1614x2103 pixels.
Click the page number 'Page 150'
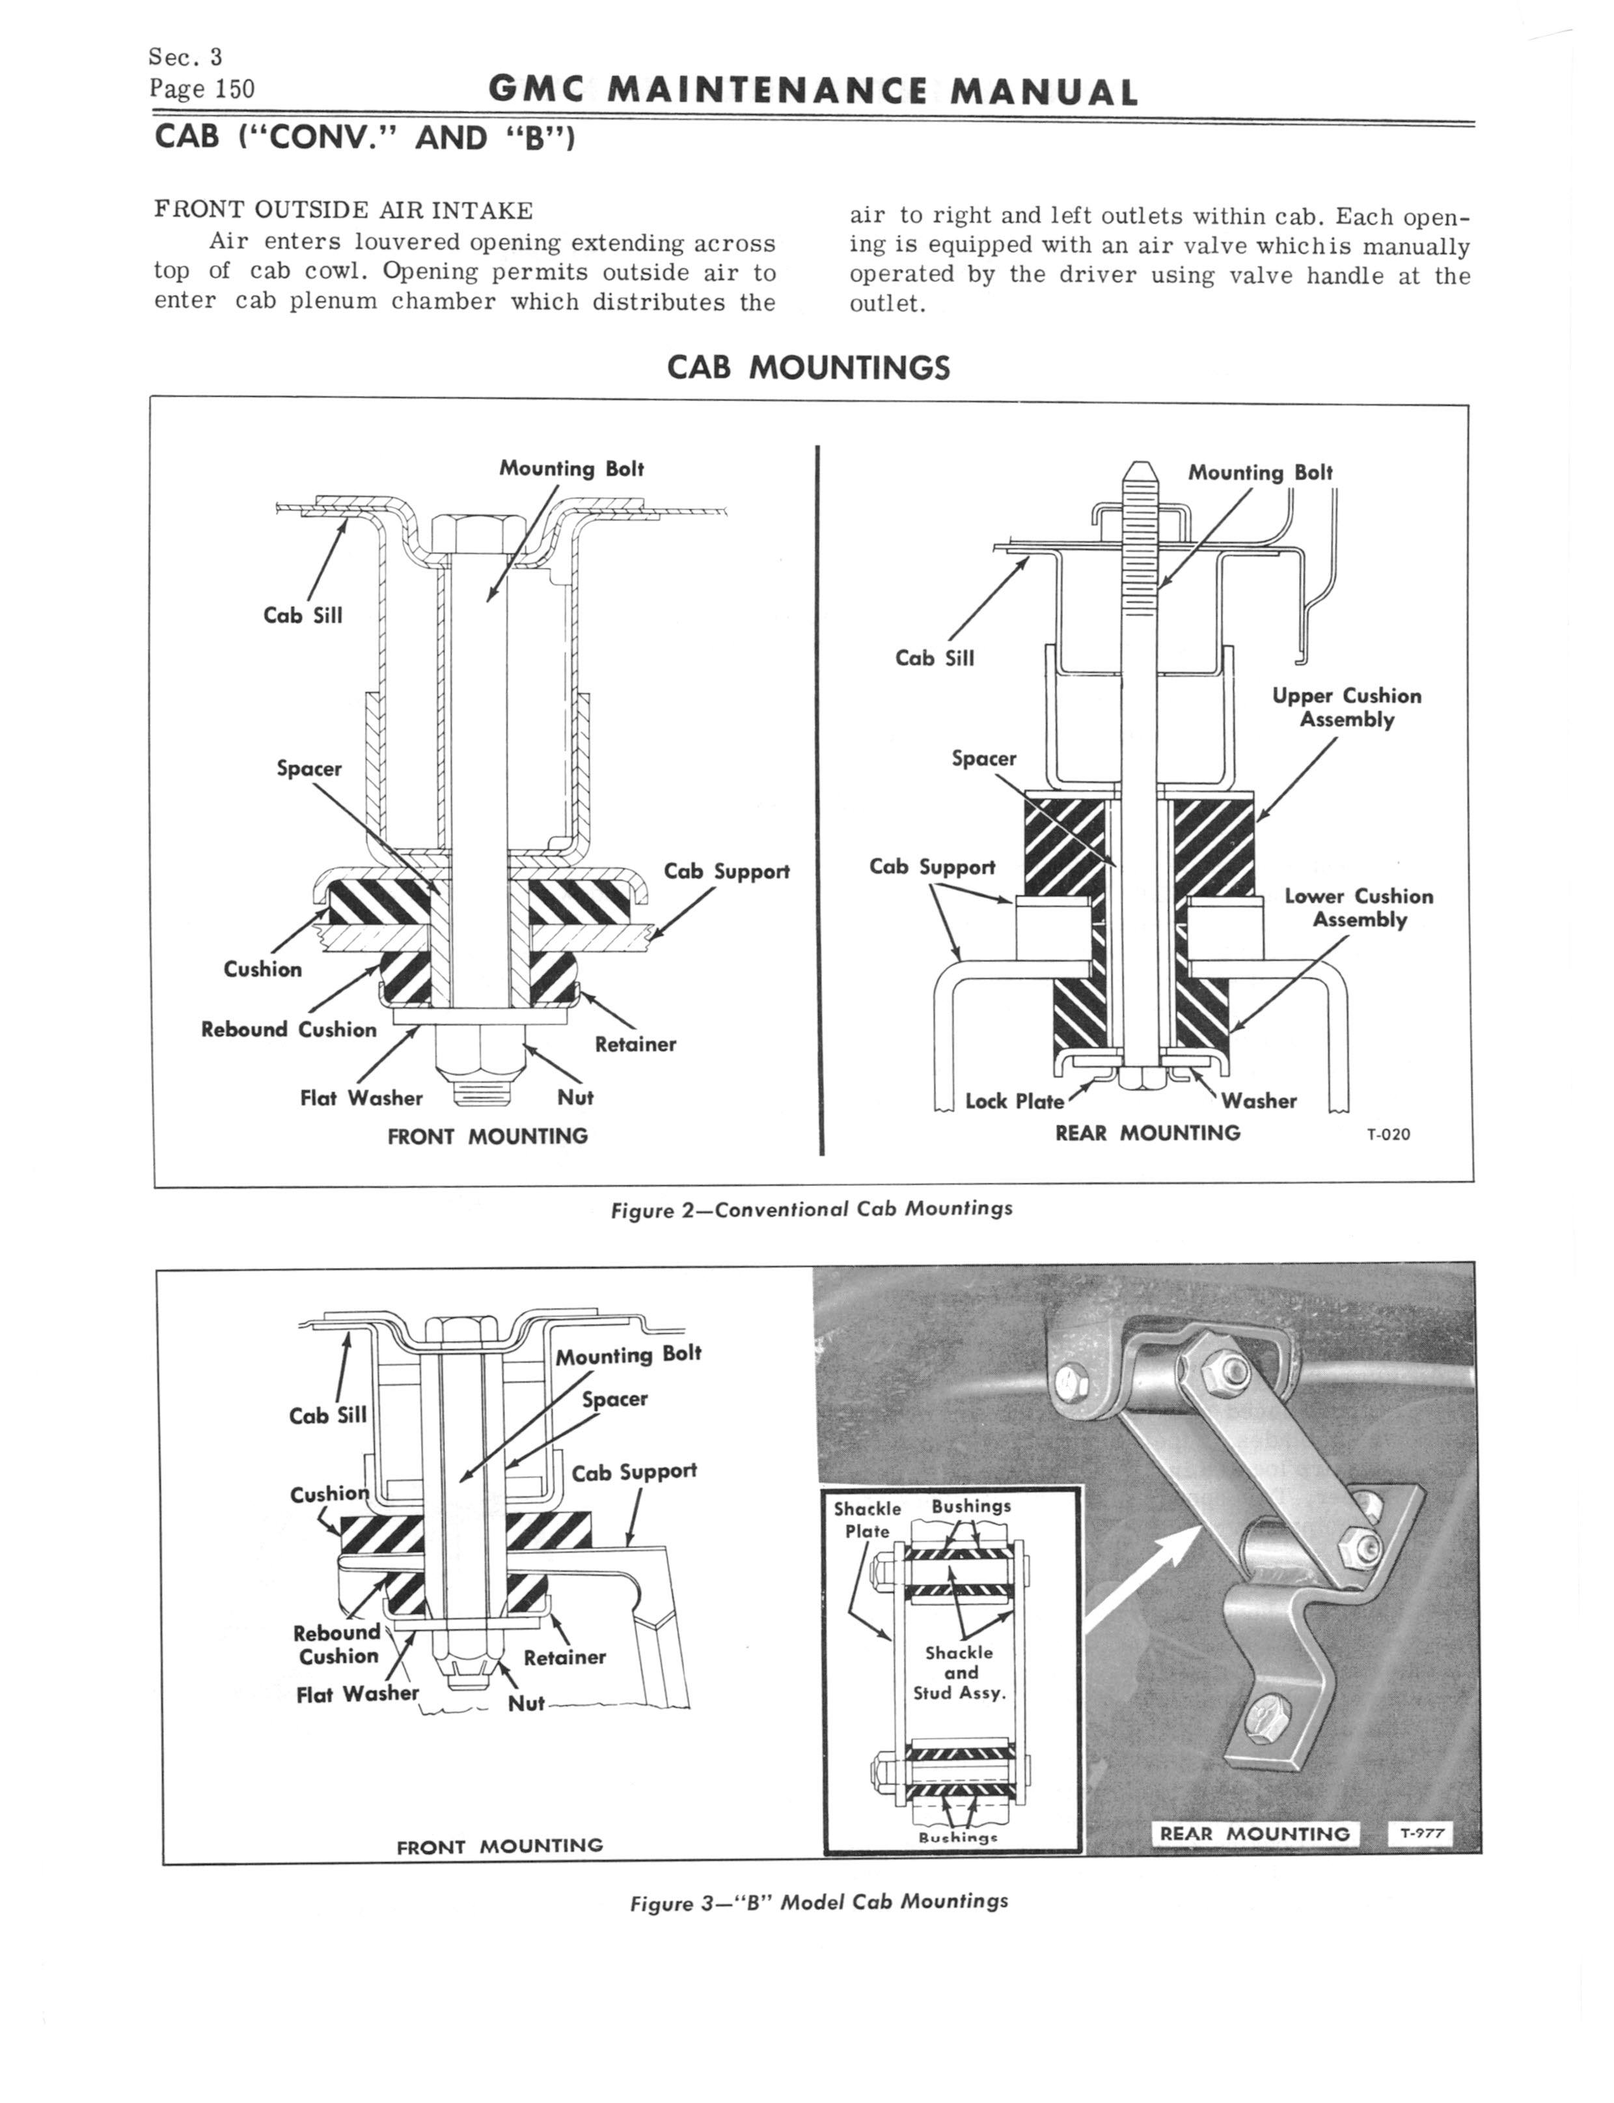point(202,89)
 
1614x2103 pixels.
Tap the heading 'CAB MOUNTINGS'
point(808,368)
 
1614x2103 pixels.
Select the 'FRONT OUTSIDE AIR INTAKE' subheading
point(343,210)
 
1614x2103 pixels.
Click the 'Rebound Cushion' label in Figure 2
point(288,1030)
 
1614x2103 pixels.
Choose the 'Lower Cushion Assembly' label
point(1358,907)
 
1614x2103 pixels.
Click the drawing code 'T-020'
point(1388,1134)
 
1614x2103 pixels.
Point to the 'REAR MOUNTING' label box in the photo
point(1255,1834)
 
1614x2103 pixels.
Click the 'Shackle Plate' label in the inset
point(868,1519)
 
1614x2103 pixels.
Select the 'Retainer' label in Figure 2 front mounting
point(635,1044)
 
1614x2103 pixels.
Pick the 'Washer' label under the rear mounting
point(1259,1101)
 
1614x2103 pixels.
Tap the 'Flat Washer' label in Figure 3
point(357,1693)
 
